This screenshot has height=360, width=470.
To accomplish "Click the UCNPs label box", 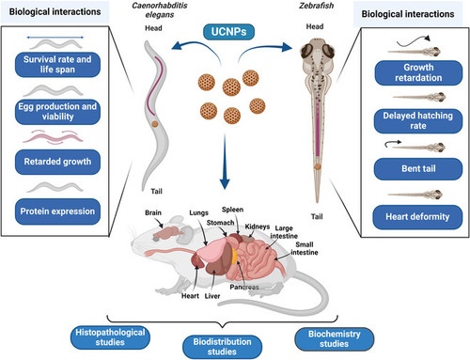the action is (228, 32).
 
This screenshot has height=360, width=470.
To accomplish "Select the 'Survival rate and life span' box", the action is (57, 65).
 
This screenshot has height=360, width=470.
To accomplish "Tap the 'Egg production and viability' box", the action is (57, 112).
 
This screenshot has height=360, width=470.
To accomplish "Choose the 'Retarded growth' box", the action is (57, 162).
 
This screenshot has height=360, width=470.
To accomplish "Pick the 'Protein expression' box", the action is (57, 211).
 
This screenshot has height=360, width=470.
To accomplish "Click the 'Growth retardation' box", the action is (418, 72).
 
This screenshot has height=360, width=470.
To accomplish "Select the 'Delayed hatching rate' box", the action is (418, 121).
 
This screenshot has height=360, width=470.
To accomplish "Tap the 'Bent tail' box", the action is (418, 169).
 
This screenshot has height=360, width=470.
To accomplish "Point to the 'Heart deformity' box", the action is (417, 217).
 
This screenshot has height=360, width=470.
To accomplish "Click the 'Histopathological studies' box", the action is (110, 337).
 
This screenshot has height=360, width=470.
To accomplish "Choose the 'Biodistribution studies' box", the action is (223, 347).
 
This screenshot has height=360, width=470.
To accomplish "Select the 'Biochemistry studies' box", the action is (335, 339).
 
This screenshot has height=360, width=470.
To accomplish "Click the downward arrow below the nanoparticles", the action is (225, 161).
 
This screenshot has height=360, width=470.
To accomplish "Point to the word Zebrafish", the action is (316, 6).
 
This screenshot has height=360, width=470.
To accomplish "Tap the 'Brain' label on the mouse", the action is (153, 212).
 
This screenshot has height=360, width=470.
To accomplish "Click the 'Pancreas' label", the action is (244, 287).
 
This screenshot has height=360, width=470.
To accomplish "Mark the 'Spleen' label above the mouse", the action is (232, 210).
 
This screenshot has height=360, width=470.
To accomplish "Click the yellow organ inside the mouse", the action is (234, 255).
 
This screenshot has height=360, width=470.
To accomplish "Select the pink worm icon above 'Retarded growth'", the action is (54, 137).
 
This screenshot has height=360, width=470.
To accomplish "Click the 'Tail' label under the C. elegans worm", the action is (157, 191).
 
